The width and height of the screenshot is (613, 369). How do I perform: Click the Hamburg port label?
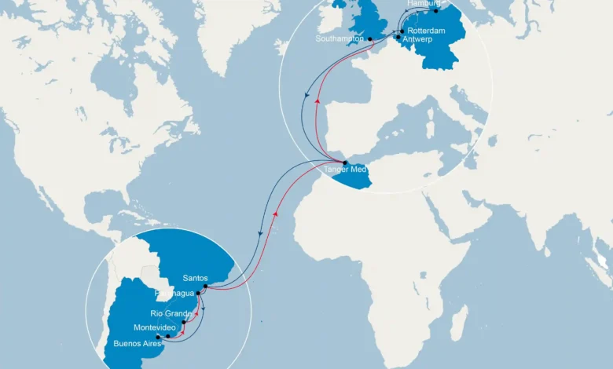425,4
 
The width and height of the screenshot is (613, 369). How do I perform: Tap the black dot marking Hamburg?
437,11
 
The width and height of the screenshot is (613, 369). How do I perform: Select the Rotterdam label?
427,31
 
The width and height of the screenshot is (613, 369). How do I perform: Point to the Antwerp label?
417,39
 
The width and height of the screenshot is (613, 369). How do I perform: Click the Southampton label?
340,38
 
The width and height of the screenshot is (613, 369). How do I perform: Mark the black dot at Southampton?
369,39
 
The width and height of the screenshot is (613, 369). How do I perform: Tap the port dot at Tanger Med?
345,163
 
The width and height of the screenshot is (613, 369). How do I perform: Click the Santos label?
195,278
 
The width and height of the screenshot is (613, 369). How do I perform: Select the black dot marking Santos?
205,287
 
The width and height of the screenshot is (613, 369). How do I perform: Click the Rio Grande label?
167,313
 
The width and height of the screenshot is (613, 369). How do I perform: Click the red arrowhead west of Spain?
317,100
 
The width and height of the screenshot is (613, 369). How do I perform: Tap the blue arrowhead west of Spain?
306,94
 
